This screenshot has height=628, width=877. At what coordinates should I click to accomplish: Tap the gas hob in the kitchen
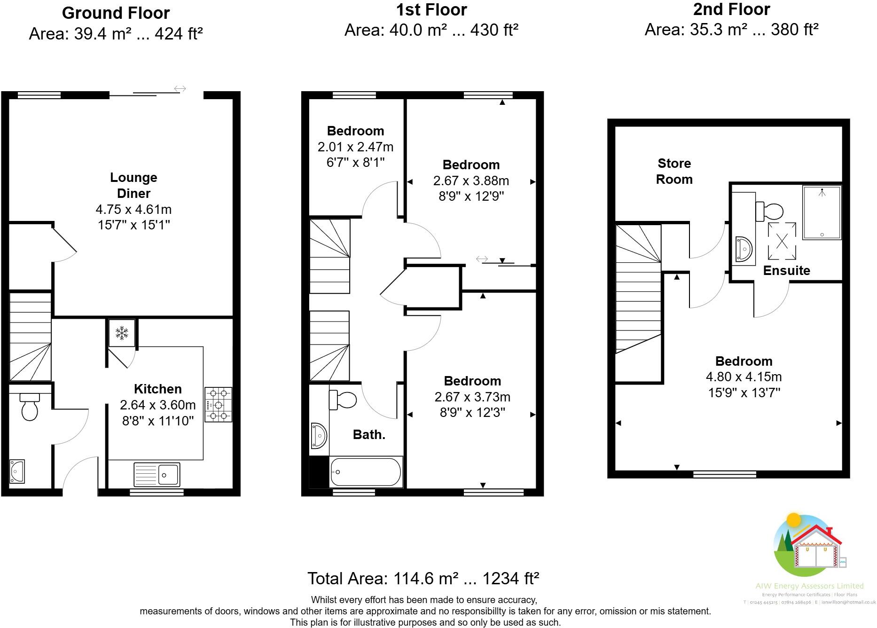(219, 404)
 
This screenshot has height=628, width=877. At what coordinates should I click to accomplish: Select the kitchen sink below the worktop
(157, 474)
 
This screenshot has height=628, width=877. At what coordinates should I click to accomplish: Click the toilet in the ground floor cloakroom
(30, 407)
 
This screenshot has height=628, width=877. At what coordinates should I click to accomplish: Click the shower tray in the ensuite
(822, 212)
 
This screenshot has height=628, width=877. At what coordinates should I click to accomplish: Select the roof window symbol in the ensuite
(782, 241)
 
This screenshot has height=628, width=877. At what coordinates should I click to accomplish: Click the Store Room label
(674, 171)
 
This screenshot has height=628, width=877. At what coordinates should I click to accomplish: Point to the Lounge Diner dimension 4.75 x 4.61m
(133, 209)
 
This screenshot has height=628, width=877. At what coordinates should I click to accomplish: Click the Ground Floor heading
(116, 13)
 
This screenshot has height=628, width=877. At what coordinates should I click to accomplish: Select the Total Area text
(423, 578)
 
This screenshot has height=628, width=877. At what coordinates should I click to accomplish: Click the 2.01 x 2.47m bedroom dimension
(355, 147)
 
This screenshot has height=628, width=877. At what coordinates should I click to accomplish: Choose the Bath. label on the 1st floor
(369, 435)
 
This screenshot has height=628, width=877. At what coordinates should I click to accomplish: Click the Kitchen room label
(157, 389)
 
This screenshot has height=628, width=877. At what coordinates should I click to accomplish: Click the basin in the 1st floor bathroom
(318, 435)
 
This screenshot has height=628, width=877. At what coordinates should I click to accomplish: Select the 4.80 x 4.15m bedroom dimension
(744, 377)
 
